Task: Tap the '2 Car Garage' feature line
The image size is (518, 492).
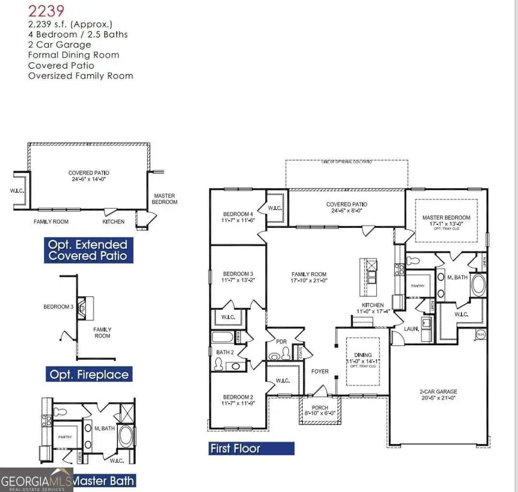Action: click(59, 45)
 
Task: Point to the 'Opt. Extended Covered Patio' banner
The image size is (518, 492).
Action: click(88, 250)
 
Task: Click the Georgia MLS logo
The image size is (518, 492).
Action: click(36, 481)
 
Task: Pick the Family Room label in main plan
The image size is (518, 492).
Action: click(309, 274)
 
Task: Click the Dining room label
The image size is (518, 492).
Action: click(363, 355)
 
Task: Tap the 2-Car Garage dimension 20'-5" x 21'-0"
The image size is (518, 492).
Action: click(438, 398)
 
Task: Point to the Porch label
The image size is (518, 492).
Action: click(319, 408)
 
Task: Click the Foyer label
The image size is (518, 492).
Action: click(319, 371)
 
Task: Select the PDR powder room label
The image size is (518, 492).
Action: click(281, 341)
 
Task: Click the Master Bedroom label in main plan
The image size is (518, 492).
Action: click(446, 218)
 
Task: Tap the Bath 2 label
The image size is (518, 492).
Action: click(224, 352)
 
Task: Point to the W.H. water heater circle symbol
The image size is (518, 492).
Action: click(479, 334)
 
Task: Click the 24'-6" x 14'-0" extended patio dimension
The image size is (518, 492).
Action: click(89, 179)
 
